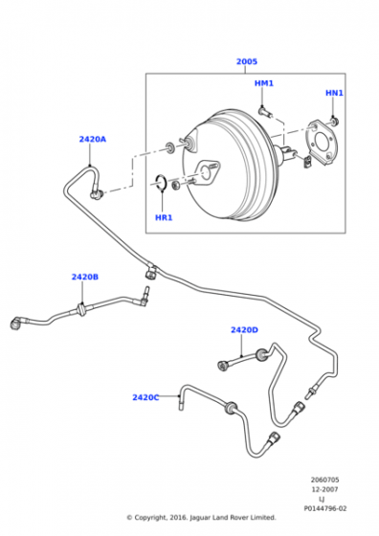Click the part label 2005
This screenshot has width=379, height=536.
pyautogui.click(x=247, y=61)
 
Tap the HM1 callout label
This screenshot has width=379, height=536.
pyautogui.click(x=264, y=83)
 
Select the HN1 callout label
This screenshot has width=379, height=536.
pyautogui.click(x=334, y=93)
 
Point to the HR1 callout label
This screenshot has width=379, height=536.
pyautogui.click(x=164, y=217)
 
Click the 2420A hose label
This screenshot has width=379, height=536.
pyautogui.click(x=93, y=139)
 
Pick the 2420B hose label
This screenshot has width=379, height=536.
pyautogui.click(x=85, y=277)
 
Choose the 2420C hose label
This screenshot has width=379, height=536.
pyautogui.click(x=145, y=397)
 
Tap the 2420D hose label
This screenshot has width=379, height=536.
pyautogui.click(x=244, y=330)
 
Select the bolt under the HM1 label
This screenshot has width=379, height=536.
pyautogui.click(x=265, y=112)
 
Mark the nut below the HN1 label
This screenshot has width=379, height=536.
pyautogui.click(x=334, y=121)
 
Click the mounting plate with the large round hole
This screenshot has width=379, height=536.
pyautogui.click(x=321, y=143)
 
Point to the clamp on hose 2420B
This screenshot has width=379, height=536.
pyautogui.click(x=81, y=309)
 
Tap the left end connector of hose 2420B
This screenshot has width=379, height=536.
pyautogui.click(x=15, y=324)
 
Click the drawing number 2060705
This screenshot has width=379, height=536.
pyautogui.click(x=324, y=480)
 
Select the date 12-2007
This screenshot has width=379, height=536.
pyautogui.click(x=324, y=489)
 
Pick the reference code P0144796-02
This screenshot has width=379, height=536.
pyautogui.click(x=324, y=508)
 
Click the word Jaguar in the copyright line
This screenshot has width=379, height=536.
pyautogui.click(x=203, y=518)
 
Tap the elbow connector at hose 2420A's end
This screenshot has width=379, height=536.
pyautogui.click(x=96, y=194)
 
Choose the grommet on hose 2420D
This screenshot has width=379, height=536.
pyautogui.click(x=262, y=355)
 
